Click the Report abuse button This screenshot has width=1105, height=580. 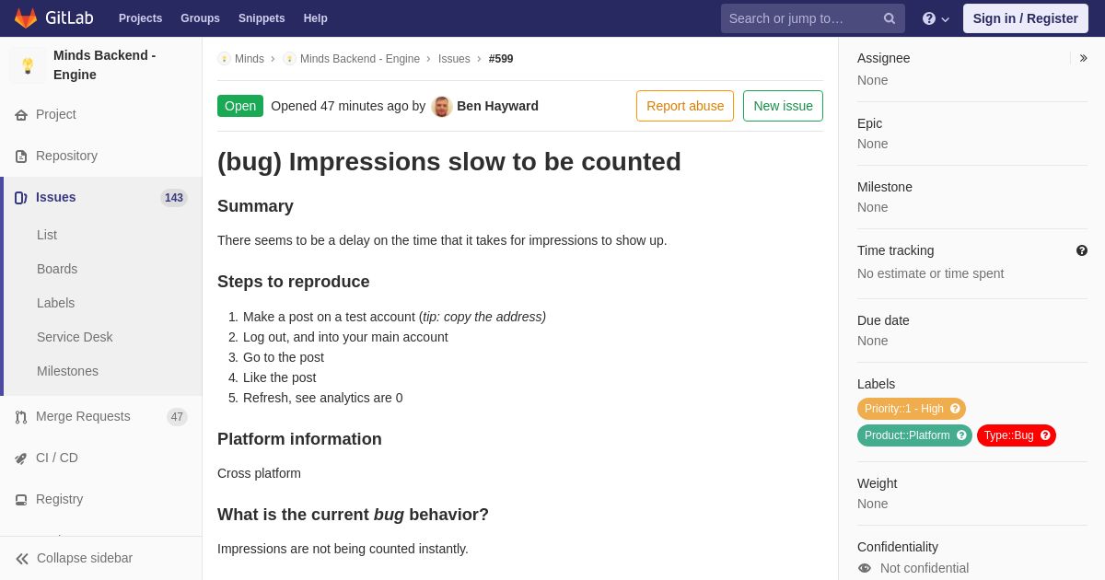click(x=685, y=106)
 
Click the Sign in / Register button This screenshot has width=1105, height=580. click(x=1025, y=18)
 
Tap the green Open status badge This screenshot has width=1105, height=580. click(x=240, y=106)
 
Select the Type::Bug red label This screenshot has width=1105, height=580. click(x=1017, y=435)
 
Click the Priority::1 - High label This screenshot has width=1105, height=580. click(x=911, y=409)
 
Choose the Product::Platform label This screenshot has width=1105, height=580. click(x=914, y=435)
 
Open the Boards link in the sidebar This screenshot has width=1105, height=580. click(x=57, y=269)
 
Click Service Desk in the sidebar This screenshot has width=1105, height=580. click(x=75, y=337)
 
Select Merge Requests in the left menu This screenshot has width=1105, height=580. click(x=83, y=416)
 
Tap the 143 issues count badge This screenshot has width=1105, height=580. click(x=174, y=198)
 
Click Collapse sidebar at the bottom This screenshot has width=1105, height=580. click(x=74, y=558)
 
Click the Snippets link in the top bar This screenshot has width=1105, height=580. click(x=262, y=18)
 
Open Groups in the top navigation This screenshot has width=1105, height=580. click(x=201, y=18)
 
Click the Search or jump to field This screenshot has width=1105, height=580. click(x=812, y=18)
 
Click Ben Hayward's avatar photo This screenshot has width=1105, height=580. click(x=441, y=107)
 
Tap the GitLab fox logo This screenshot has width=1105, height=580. click(x=26, y=18)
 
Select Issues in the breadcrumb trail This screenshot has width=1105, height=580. click(x=454, y=59)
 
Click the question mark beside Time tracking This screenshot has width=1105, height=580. click(x=1082, y=250)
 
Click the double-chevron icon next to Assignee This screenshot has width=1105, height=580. click(x=1083, y=58)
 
